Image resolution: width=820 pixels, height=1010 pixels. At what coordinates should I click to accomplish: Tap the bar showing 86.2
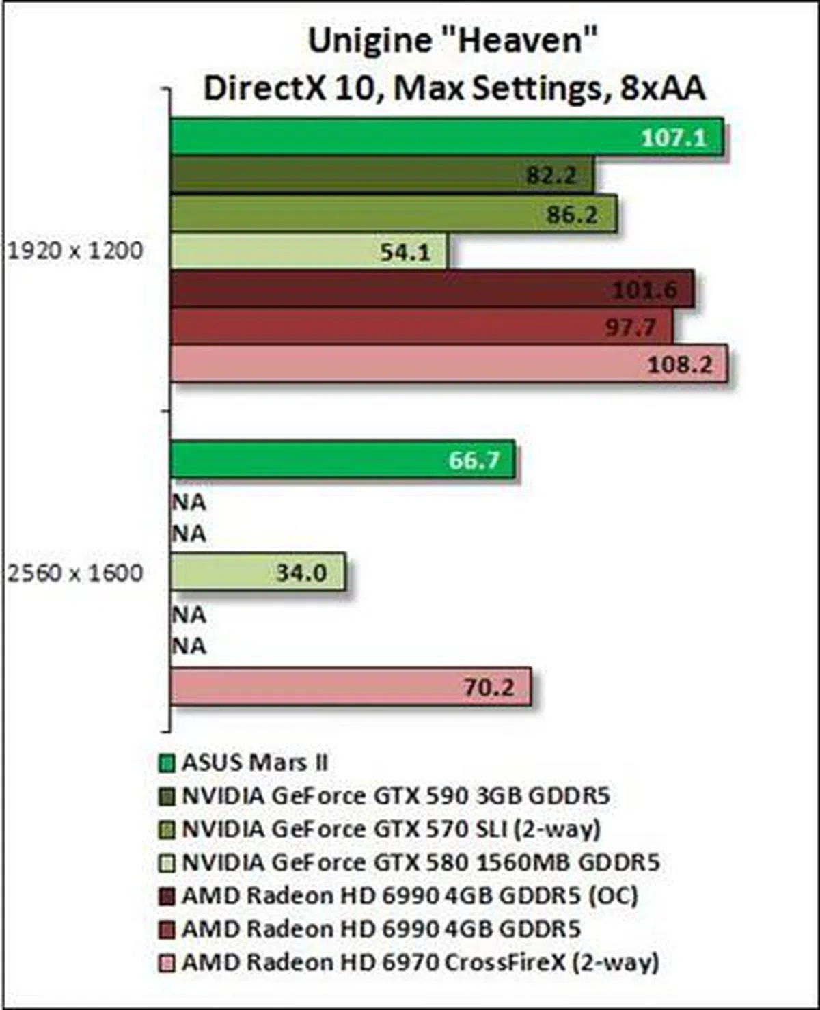[x=393, y=214]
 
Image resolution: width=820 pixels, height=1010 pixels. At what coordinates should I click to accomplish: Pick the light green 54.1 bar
[x=308, y=251]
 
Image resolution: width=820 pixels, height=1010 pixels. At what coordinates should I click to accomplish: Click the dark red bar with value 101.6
[x=432, y=289]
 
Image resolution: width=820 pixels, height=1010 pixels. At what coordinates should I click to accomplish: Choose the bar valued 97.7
[x=421, y=327]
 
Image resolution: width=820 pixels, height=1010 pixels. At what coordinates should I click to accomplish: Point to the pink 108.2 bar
[x=448, y=364]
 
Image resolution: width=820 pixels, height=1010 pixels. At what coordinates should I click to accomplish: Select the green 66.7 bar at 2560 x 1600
[x=342, y=460]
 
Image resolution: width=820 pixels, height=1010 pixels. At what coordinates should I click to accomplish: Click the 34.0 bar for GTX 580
[x=258, y=572]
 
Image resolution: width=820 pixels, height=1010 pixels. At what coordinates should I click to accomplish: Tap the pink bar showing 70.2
[x=350, y=687]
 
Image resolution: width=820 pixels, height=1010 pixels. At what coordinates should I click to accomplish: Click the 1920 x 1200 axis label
[x=75, y=251]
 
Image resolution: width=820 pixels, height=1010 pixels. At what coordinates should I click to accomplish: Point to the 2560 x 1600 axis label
[x=75, y=573]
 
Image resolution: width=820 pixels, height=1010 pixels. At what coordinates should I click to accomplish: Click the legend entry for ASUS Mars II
[x=254, y=762]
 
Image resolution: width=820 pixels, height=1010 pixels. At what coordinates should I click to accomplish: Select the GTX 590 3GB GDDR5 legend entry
[x=395, y=795]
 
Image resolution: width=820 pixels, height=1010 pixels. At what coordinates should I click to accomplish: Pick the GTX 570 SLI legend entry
[x=390, y=829]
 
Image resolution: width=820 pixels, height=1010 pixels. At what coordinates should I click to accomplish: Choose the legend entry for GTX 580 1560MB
[x=420, y=862]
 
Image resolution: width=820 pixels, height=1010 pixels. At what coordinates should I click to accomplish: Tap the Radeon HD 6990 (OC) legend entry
[x=409, y=895]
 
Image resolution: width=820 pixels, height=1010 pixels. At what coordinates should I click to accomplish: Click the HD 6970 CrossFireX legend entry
[x=420, y=962]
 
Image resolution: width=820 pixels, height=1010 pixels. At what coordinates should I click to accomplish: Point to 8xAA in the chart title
[x=661, y=89]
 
